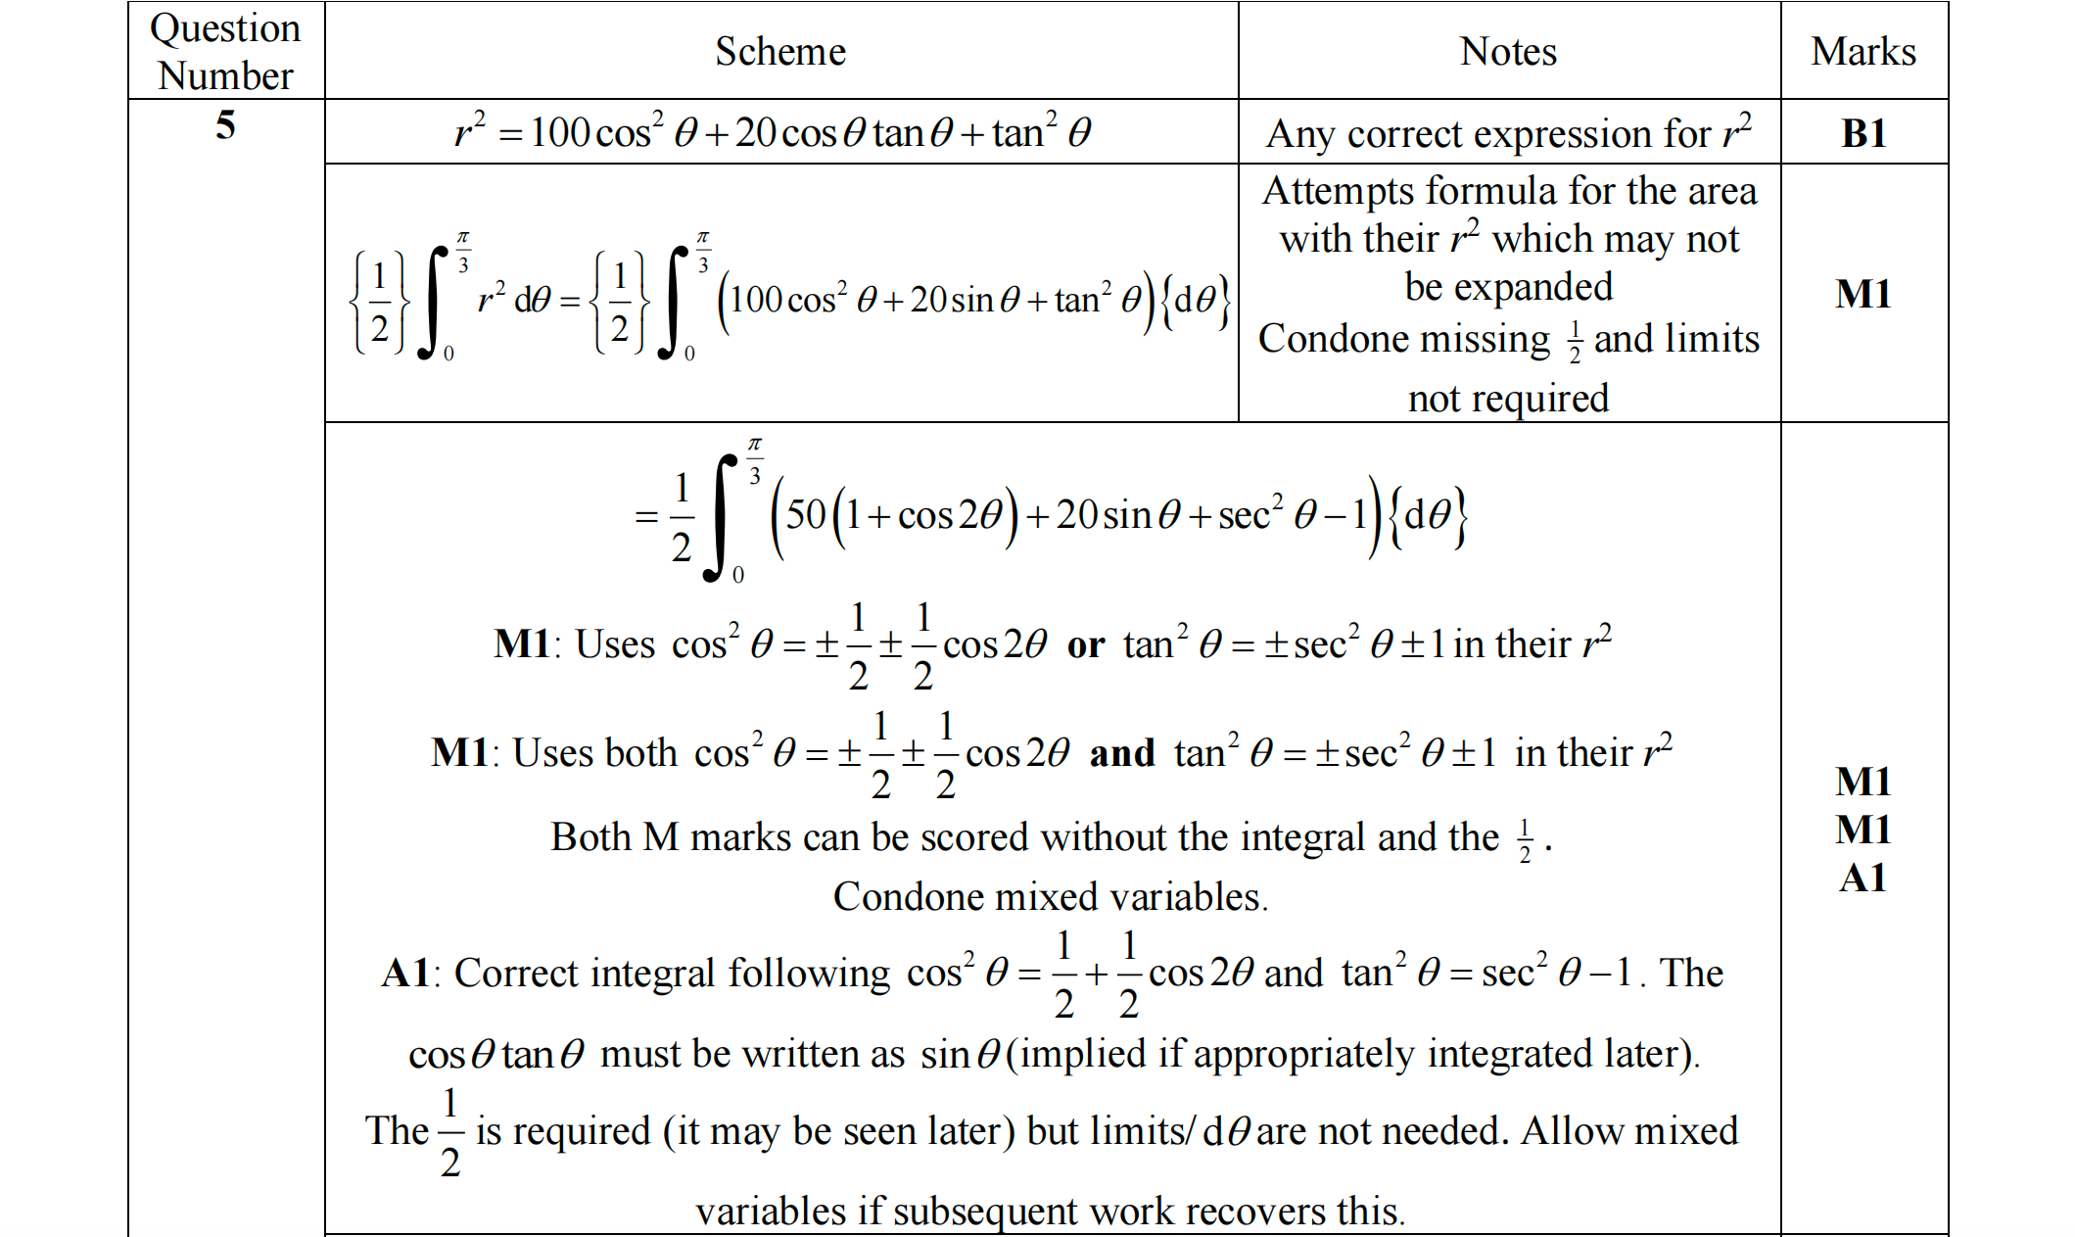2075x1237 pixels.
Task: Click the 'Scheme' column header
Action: click(x=780, y=51)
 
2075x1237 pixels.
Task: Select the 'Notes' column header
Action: click(x=1508, y=51)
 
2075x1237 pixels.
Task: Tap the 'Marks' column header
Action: click(x=1863, y=51)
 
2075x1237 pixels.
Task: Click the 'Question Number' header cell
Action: click(x=225, y=51)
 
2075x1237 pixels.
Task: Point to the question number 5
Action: click(x=225, y=125)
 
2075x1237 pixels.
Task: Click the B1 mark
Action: click(x=1863, y=133)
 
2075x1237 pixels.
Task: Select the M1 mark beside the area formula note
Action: click(x=1863, y=294)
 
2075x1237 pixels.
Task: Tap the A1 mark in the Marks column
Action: click(x=1863, y=878)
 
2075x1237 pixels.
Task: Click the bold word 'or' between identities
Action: click(x=1086, y=645)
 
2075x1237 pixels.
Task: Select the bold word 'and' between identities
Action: click(x=1122, y=753)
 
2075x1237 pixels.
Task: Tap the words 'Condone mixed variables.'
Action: click(x=1050, y=897)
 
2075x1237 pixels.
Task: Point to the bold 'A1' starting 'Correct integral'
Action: click(x=405, y=974)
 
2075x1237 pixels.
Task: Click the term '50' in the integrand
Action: click(x=806, y=514)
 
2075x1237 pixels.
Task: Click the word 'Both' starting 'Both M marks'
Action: click(x=590, y=837)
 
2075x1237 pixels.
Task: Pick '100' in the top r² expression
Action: click(x=560, y=133)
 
